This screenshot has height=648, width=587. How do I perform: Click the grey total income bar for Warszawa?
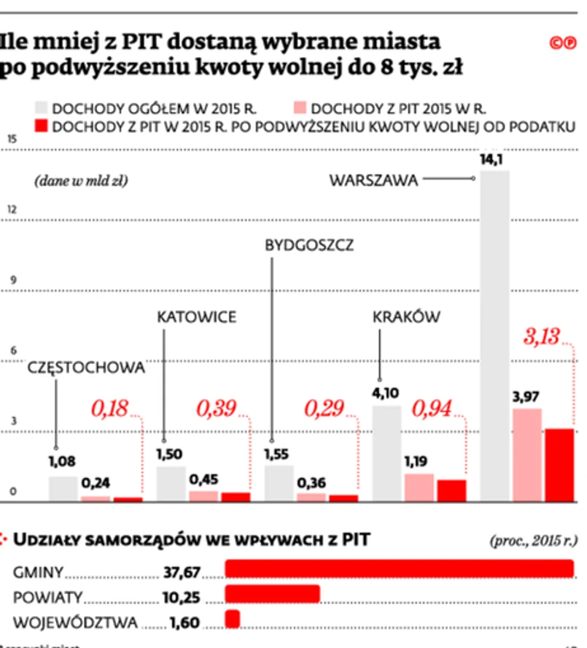coord(494,336)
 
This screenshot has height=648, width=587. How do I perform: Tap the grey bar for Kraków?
coord(386,452)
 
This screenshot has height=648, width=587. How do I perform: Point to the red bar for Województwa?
coord(233,619)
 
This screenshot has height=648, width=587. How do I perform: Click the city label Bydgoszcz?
coord(309,245)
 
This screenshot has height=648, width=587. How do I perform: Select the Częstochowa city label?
coord(86,368)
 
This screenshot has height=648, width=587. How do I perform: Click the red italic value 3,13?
coord(540,336)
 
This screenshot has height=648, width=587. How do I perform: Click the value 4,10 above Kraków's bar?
coord(386,393)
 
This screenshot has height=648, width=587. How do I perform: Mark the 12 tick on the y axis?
coord(10,209)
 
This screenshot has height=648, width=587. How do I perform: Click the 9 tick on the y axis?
coord(10,280)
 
